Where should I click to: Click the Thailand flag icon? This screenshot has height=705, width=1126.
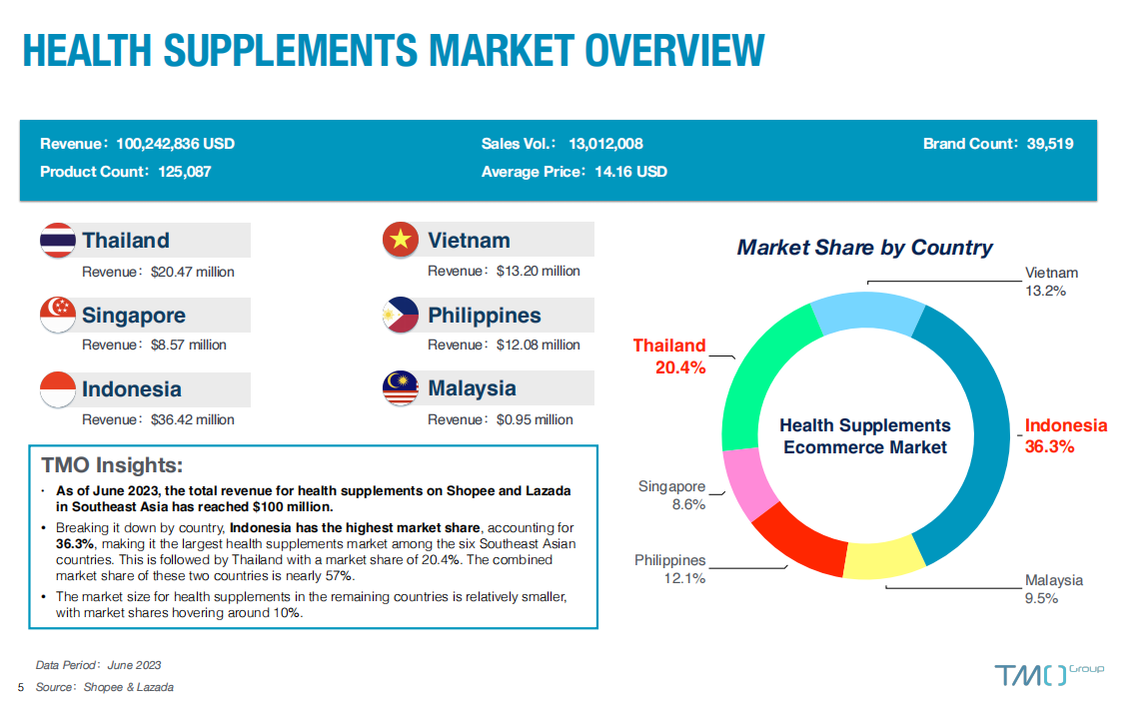(58, 241)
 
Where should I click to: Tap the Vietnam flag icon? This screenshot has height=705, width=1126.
(401, 240)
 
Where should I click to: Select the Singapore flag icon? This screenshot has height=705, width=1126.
(58, 315)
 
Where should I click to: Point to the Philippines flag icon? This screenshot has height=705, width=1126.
(401, 315)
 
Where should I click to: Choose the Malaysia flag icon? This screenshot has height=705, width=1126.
(401, 388)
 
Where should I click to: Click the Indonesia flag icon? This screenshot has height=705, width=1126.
(58, 389)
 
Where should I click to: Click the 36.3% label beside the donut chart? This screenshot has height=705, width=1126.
(1049, 446)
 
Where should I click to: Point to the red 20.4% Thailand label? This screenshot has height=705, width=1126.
(680, 367)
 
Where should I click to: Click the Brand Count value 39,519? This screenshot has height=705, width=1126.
(1050, 144)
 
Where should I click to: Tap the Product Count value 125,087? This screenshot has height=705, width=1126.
(185, 172)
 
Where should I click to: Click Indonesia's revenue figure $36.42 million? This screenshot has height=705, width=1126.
(193, 419)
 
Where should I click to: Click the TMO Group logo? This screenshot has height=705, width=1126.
(1048, 674)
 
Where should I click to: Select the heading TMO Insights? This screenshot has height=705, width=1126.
(112, 465)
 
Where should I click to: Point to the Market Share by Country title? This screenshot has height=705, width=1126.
(864, 248)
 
